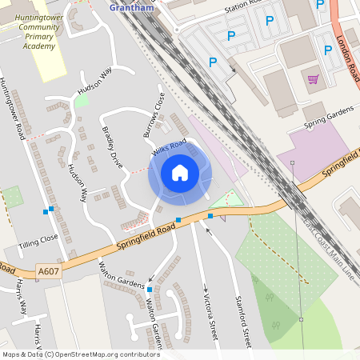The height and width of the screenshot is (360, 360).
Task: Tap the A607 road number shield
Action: tap(49, 272)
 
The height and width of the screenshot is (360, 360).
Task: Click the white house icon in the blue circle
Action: tap(180, 172)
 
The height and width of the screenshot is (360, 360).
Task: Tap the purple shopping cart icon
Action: tap(313, 78)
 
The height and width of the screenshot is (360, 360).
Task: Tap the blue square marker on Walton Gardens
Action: tap(150, 288)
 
